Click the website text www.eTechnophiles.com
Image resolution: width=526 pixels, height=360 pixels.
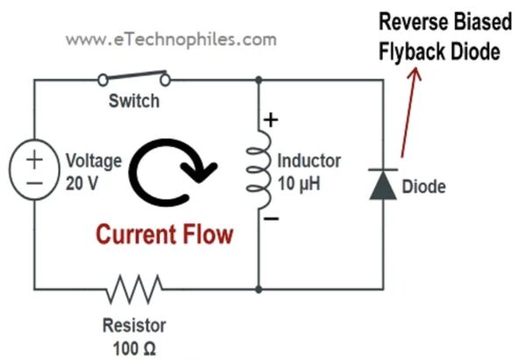[x=171, y=39]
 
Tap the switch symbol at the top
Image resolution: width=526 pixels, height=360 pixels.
[x=134, y=79]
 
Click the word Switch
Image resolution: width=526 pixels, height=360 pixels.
[x=134, y=102]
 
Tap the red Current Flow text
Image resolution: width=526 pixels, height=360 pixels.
[x=165, y=234]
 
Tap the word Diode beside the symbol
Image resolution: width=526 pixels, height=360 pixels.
[x=423, y=187]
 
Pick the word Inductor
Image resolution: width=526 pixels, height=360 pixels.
[x=309, y=162]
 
